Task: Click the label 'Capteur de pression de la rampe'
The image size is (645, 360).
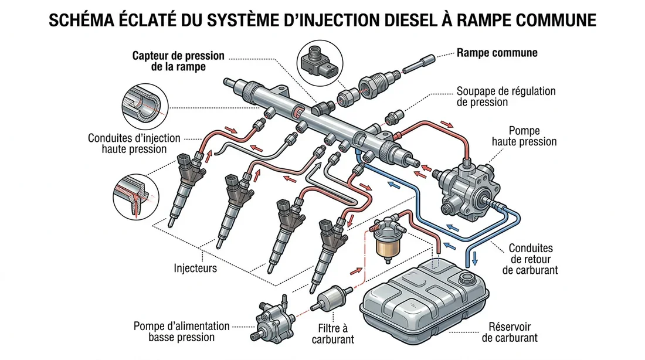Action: [179, 61]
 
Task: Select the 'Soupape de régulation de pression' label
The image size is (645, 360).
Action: [505, 97]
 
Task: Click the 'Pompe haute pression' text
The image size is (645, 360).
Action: [524, 136]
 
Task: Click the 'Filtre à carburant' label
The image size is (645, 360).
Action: [334, 334]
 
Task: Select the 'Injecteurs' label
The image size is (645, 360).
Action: [195, 269]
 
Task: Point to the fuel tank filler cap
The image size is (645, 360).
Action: [467, 277]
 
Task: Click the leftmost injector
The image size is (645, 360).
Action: [186, 188]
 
